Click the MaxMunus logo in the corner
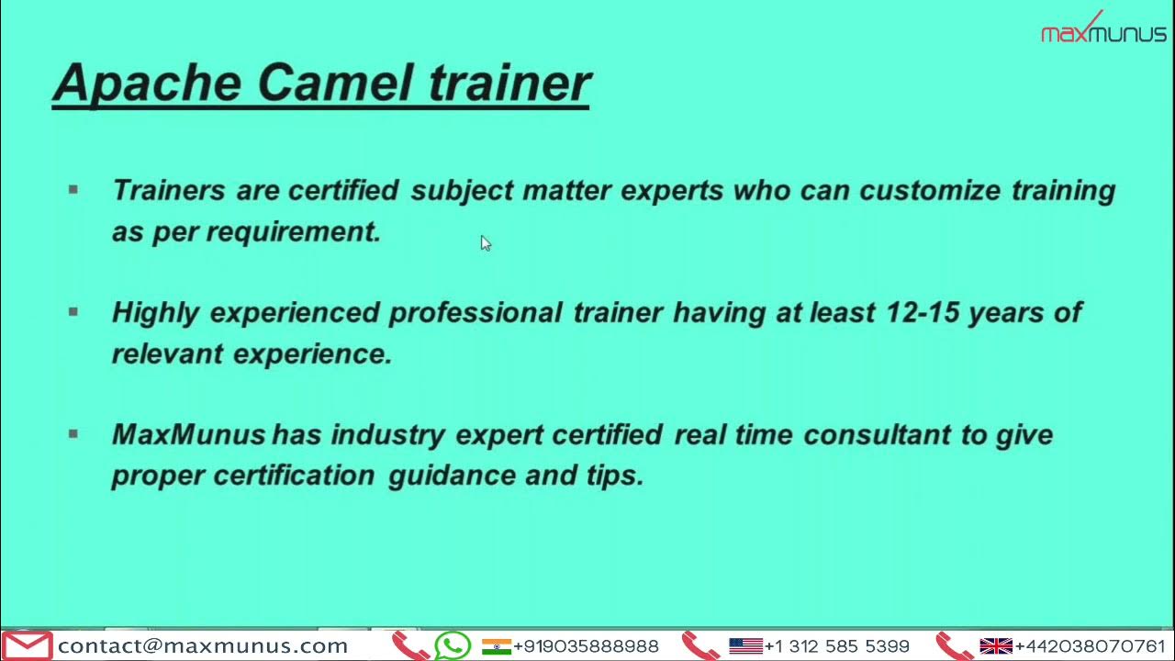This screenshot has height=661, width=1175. click(x=1102, y=30)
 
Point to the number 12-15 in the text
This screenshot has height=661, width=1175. click(x=923, y=313)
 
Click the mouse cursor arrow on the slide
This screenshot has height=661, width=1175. click(x=485, y=242)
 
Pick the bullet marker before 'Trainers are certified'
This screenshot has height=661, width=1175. click(x=73, y=190)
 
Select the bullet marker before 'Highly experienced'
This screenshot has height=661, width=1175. click(x=73, y=312)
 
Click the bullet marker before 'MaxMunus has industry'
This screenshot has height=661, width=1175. click(x=73, y=434)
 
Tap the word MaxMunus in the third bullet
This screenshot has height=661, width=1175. click(x=188, y=434)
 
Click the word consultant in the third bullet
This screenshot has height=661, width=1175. click(x=877, y=434)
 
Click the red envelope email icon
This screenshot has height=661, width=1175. click(x=27, y=645)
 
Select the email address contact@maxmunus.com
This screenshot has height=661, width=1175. click(x=203, y=646)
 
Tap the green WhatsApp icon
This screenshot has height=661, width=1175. click(x=453, y=645)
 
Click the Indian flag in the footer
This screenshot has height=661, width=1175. click(x=496, y=646)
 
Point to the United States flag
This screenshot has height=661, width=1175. click(x=745, y=646)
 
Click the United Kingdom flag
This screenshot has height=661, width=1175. click(x=996, y=646)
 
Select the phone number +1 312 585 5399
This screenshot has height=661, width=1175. click(x=836, y=646)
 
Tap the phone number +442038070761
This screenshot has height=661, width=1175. click(x=1090, y=646)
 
